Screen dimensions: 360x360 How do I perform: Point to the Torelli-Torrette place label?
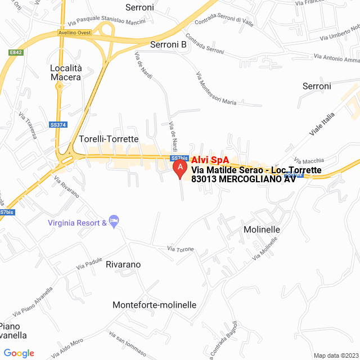click(109, 138)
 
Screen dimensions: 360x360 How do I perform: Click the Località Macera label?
click(66, 72)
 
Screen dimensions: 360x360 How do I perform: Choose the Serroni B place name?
click(168, 44)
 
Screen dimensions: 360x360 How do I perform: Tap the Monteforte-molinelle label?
click(155, 305)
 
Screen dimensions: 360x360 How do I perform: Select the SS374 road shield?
click(57, 125)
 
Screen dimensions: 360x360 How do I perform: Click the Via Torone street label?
click(181, 249)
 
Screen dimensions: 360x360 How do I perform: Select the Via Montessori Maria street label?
click(216, 88)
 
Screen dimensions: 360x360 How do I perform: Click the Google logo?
click(19, 353)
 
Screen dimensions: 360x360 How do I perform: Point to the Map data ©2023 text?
click(335, 355)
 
